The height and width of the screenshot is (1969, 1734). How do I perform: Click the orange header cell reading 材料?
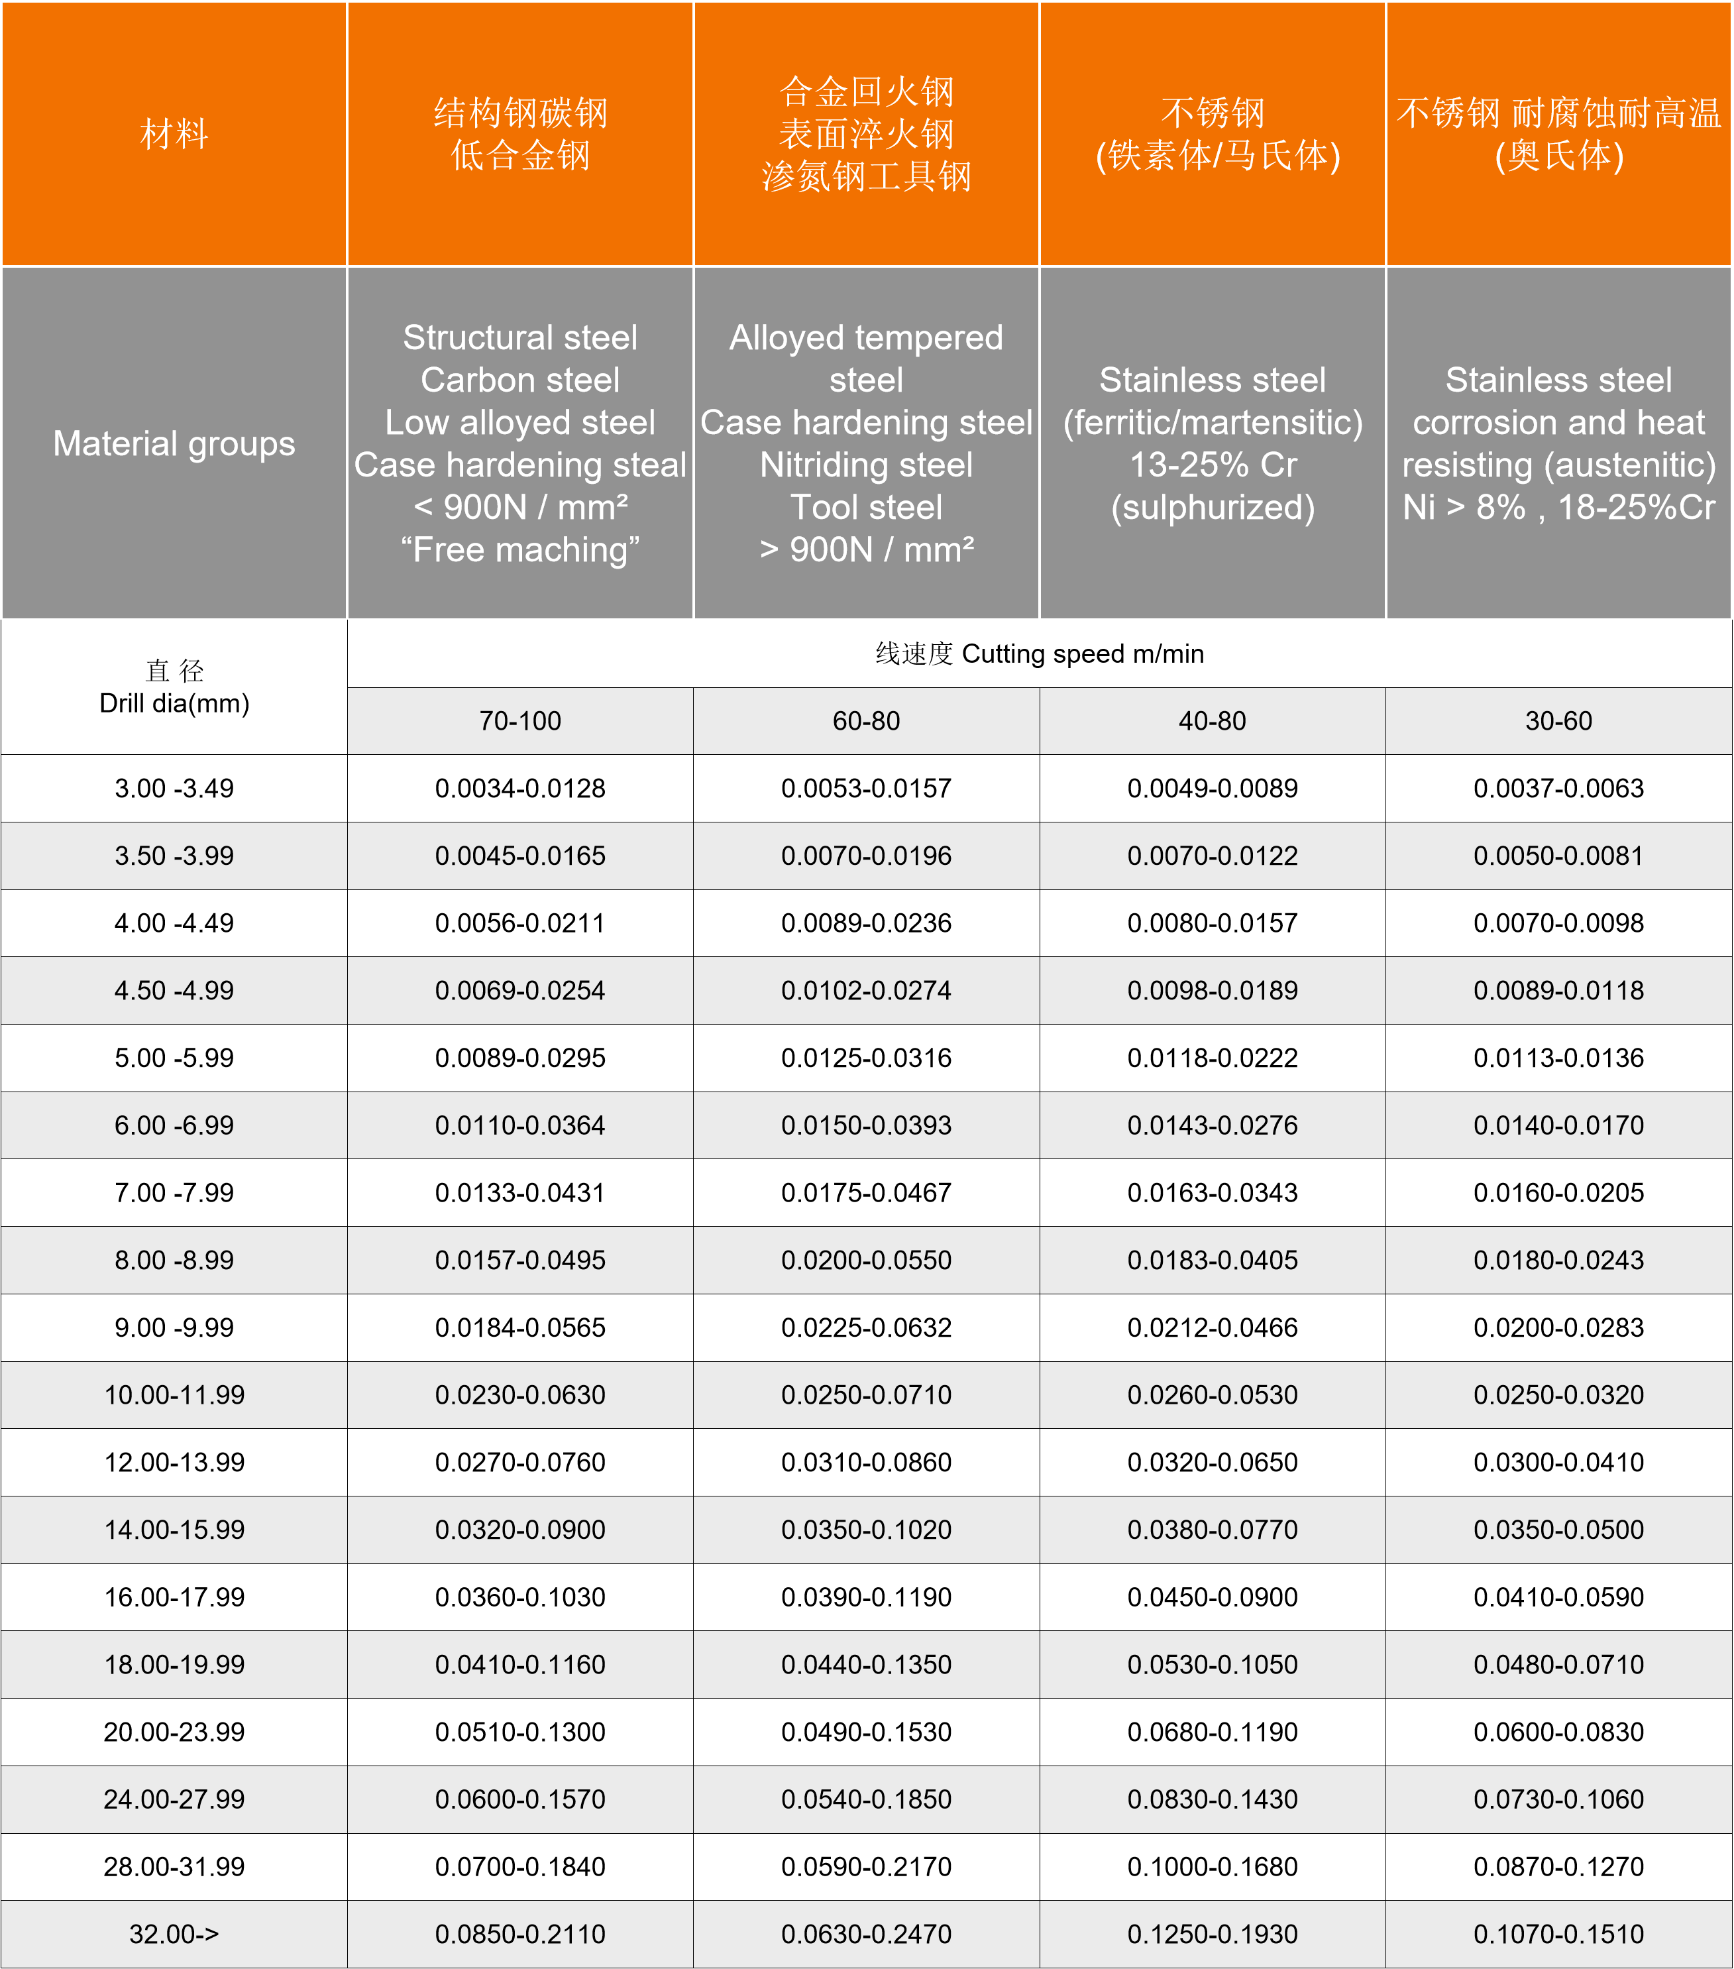click(x=174, y=134)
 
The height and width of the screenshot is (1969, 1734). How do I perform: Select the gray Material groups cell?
click(x=174, y=443)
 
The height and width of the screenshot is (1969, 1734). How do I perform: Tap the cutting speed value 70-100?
click(x=520, y=720)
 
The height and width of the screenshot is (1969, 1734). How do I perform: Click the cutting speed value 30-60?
click(x=1558, y=720)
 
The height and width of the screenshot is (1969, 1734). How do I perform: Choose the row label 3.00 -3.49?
click(x=174, y=788)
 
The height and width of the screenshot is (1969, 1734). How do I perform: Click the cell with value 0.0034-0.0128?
click(x=520, y=788)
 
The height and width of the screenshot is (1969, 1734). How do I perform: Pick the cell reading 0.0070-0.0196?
click(x=866, y=856)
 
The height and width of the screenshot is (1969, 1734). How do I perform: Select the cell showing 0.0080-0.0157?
click(x=1212, y=923)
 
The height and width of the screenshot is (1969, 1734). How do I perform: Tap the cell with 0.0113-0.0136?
click(x=1558, y=1058)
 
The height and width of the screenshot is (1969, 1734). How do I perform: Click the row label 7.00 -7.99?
click(x=174, y=1192)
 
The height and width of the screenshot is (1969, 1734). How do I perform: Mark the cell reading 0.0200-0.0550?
click(x=866, y=1260)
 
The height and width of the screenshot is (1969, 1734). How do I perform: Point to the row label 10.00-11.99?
click(x=174, y=1395)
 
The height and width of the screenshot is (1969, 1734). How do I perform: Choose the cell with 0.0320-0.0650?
click(x=1212, y=1462)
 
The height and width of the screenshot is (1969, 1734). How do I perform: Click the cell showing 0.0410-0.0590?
click(x=1558, y=1597)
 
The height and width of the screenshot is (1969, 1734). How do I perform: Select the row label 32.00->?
click(x=174, y=1935)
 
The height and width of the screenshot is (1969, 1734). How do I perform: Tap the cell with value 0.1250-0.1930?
click(x=1212, y=1935)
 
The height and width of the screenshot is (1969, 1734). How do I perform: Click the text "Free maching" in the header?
click(x=520, y=550)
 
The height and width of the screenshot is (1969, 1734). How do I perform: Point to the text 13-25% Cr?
click(x=1212, y=465)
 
